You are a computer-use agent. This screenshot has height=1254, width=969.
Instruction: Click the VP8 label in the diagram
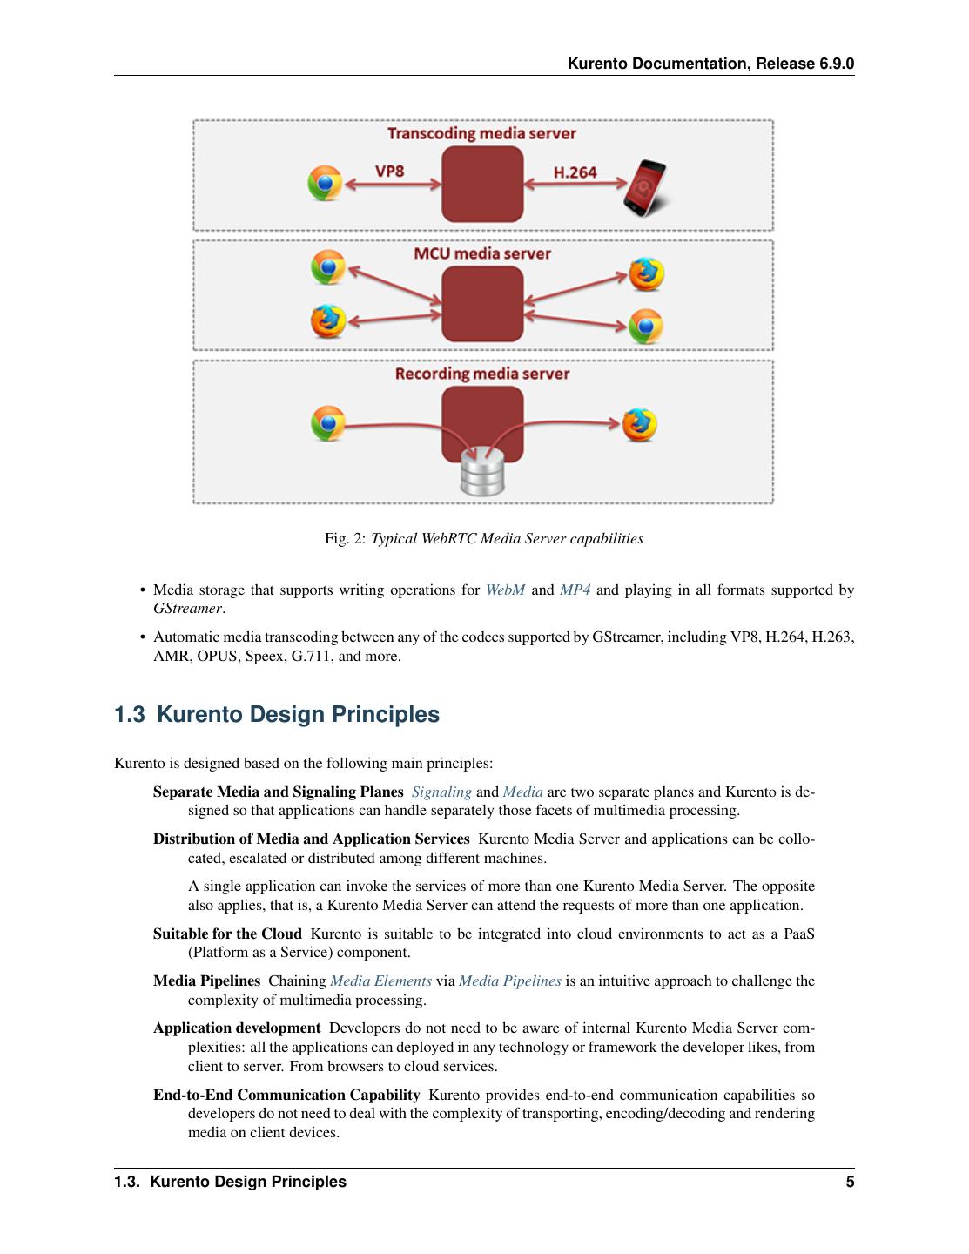(x=390, y=171)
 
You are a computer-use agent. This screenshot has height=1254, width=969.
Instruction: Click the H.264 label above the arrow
(x=575, y=172)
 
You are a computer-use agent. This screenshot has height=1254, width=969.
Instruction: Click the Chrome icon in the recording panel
(x=328, y=424)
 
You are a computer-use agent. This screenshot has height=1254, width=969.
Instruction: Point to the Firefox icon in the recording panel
(x=639, y=424)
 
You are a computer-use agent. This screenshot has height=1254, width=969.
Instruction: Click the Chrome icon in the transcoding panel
(x=325, y=184)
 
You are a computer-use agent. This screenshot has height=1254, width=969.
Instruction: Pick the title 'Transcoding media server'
(x=481, y=133)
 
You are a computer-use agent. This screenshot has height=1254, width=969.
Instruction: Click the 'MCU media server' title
(x=481, y=253)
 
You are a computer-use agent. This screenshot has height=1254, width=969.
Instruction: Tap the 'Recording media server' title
(x=481, y=374)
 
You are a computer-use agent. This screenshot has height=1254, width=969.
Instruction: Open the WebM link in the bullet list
(x=505, y=590)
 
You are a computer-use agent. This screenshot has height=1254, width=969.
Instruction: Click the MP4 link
(x=575, y=590)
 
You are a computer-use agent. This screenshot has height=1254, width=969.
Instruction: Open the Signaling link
(x=441, y=792)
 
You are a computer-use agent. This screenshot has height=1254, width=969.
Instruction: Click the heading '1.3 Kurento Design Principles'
(x=277, y=714)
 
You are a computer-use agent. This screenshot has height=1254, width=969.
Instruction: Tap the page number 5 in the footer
(x=850, y=1182)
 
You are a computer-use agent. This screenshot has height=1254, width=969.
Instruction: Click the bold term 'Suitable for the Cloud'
(x=227, y=934)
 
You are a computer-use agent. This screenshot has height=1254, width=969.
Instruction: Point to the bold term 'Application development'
(x=237, y=1028)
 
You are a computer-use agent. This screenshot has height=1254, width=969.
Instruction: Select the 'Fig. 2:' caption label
(x=346, y=538)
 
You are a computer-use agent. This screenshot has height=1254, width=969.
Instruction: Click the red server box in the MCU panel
(x=482, y=303)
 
